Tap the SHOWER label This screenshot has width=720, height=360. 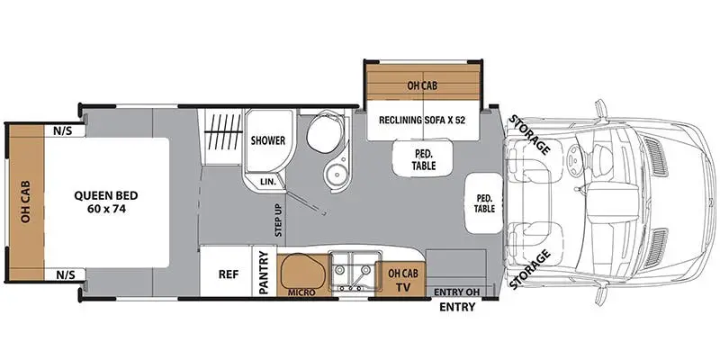click(x=267, y=140)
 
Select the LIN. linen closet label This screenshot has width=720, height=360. click(x=268, y=182)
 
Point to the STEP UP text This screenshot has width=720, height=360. click(x=279, y=220)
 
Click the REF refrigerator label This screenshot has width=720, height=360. click(x=229, y=274)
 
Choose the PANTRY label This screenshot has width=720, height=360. click(x=264, y=273)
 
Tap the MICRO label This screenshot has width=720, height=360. click(x=301, y=292)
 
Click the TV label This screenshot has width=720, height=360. click(x=403, y=288)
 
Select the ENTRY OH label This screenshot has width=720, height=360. click(x=456, y=292)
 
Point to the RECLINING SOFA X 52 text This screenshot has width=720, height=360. click(x=422, y=121)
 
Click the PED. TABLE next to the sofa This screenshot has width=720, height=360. click(x=423, y=159)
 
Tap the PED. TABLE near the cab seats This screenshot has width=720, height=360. click(x=484, y=203)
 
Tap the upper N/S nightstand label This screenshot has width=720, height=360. click(x=63, y=130)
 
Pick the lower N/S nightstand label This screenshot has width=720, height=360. click(x=63, y=275)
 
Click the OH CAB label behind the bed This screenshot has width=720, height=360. click(x=26, y=202)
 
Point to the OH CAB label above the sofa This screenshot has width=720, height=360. click(x=422, y=85)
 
